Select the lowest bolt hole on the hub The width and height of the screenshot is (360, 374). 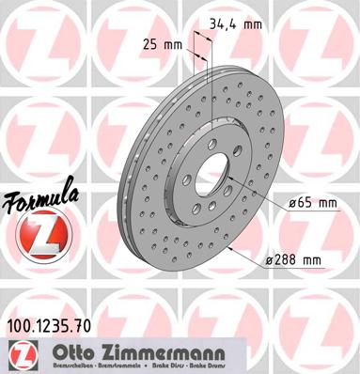click(210, 210)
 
